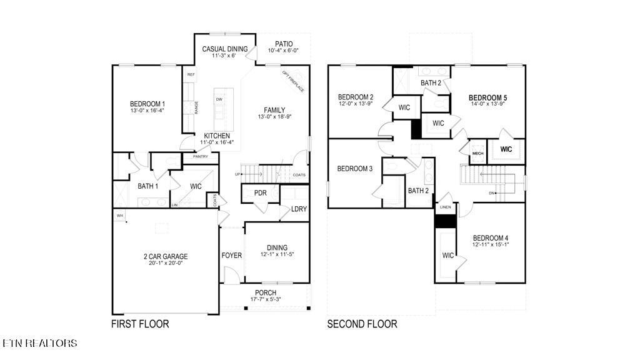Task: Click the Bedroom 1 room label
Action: point(147,104)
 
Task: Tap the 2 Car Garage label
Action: point(165,256)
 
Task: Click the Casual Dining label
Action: point(225,49)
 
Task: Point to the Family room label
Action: point(274,109)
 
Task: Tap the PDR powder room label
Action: point(260,193)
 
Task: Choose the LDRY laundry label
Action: point(299,209)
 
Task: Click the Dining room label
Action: point(277,247)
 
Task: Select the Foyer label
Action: point(231,256)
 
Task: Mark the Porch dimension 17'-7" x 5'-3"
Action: point(266,300)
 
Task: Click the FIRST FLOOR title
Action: point(140,324)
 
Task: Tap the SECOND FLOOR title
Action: point(362,324)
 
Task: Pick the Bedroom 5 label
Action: point(488,98)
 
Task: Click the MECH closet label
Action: point(477,153)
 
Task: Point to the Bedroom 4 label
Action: point(490,238)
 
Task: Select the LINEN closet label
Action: point(446,207)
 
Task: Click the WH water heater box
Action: point(119,216)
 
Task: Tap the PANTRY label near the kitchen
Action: point(200,156)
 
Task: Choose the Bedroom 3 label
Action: point(355,169)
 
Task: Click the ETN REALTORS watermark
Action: point(40,343)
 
